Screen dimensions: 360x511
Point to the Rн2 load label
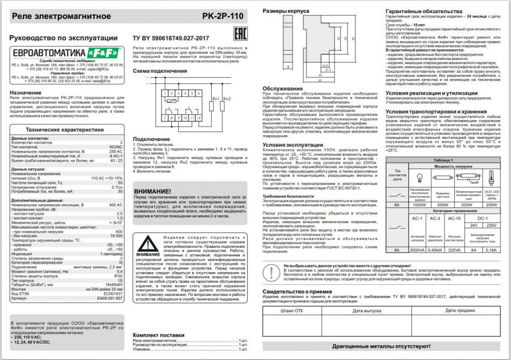pyautogui.click(x=228, y=98)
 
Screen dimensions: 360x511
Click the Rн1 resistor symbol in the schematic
pyautogui.click(x=215, y=105)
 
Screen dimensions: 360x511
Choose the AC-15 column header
pyautogui.click(x=454, y=217)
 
